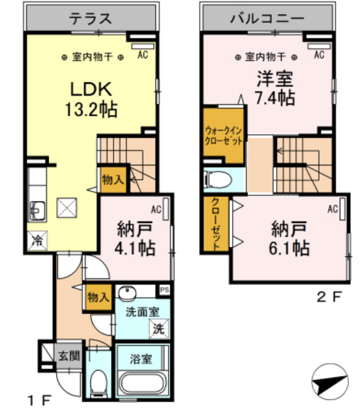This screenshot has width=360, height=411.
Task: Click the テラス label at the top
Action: (90, 18)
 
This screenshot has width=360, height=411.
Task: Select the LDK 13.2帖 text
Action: (91, 99)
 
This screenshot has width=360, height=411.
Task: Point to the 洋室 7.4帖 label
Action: (273, 88)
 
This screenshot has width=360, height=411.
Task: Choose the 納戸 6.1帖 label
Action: (290, 239)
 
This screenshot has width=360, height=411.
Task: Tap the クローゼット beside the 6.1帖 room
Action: (216, 224)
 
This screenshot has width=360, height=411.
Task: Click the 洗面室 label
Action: (142, 311)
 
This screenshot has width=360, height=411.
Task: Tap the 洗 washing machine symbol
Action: (158, 328)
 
